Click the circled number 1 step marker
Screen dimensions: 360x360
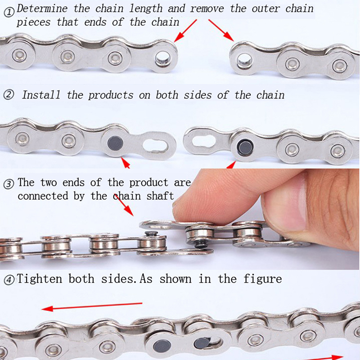[9, 13]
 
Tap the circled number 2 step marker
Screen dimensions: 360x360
[9, 95]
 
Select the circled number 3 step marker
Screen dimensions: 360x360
[9, 184]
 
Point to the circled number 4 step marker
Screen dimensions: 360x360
[9, 280]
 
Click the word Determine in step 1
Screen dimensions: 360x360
[42, 9]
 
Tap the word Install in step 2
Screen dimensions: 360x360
[41, 95]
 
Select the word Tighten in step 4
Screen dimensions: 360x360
[40, 279]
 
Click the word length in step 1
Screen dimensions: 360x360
[146, 9]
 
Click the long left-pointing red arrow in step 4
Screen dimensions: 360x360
[92, 306]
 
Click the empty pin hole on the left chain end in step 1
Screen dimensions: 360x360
[163, 58]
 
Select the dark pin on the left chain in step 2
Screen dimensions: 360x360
[115, 143]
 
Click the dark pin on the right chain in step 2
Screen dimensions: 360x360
[245, 146]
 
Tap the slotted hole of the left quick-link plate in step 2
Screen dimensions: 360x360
[156, 145]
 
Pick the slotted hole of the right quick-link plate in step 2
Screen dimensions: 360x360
[204, 141]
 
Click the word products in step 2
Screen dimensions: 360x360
[111, 95]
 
